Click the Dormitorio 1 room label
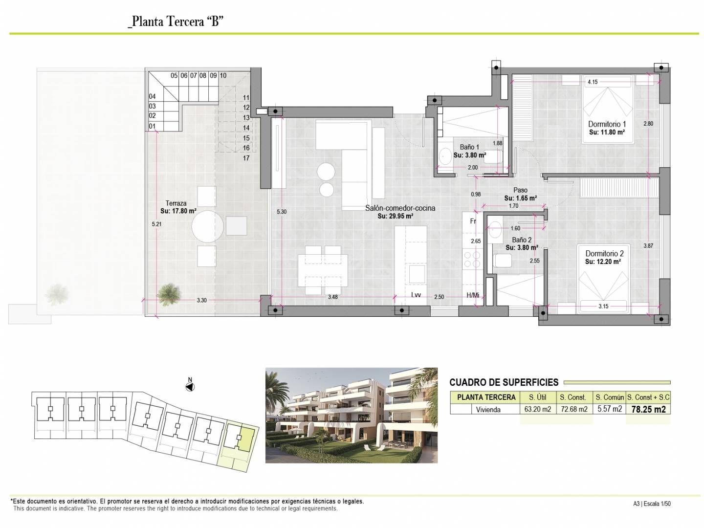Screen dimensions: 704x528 click(x=607, y=124)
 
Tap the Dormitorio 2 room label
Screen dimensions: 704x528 click(x=605, y=254)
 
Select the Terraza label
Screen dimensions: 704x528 click(x=176, y=203)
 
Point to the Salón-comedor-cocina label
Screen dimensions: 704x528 click(x=400, y=208)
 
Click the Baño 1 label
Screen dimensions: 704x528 click(x=469, y=147)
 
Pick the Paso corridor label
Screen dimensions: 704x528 click(x=520, y=191)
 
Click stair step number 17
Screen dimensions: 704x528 click(x=246, y=158)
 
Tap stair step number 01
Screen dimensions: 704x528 click(x=152, y=126)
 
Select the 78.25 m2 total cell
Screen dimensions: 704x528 click(x=649, y=409)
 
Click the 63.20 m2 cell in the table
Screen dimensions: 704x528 click(x=538, y=409)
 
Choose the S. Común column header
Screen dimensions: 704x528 click(x=610, y=397)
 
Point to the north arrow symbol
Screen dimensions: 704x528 click(x=190, y=387)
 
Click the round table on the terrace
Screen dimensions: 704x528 click(x=207, y=227)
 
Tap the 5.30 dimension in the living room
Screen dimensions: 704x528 click(x=282, y=212)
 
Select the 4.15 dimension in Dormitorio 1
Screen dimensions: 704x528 click(x=593, y=82)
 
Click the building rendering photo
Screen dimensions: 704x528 click(x=352, y=415)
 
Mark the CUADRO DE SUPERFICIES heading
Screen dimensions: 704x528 click(x=504, y=382)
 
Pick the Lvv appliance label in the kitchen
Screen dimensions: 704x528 click(x=416, y=295)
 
